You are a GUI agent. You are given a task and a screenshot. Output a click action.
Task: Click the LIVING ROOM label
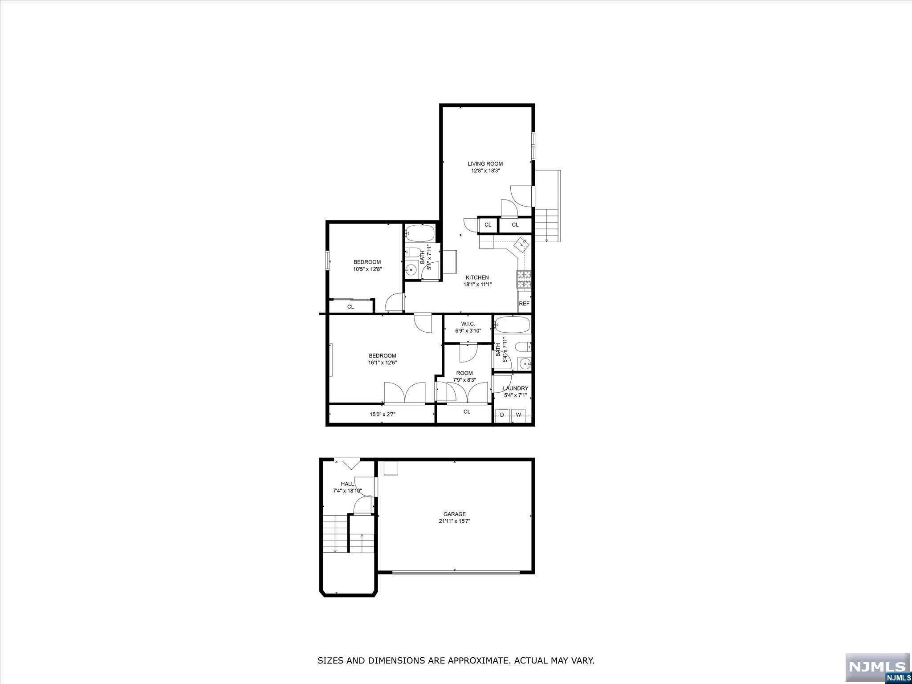485,164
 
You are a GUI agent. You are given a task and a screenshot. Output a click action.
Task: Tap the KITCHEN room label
477,277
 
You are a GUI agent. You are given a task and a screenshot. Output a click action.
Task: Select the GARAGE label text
454,514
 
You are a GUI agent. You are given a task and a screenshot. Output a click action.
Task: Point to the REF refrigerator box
524,303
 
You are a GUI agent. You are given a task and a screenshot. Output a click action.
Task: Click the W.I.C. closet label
468,324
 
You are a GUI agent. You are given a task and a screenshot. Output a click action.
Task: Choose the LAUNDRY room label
515,388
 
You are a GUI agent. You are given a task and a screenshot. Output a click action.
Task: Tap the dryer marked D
502,415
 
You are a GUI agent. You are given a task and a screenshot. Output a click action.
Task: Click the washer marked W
518,415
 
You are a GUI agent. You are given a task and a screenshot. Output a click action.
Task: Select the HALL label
347,484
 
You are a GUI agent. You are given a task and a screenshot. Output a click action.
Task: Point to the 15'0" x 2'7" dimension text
383,415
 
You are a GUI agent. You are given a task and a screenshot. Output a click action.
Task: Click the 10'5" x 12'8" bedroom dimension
367,269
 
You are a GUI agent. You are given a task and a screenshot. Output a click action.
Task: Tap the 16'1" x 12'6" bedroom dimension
382,362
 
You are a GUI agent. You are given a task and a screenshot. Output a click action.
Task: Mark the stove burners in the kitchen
524,279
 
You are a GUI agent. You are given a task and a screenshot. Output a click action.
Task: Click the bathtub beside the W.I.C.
512,325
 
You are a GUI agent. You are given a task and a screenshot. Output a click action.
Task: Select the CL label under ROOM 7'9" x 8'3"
467,412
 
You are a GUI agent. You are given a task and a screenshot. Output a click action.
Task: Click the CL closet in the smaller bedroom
350,307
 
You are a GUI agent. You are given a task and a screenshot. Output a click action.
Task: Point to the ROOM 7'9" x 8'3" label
464,373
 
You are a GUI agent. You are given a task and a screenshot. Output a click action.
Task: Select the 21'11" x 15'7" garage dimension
454,521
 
